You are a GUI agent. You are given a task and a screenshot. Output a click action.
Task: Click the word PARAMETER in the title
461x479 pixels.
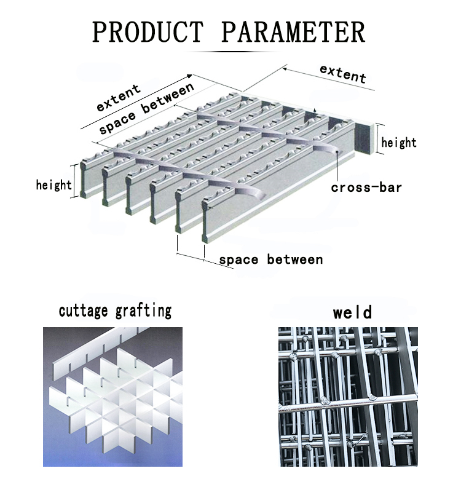(293, 31)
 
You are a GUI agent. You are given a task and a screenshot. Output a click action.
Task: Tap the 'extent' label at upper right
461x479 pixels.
(342, 73)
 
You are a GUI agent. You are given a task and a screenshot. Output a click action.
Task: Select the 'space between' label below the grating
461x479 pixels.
(271, 259)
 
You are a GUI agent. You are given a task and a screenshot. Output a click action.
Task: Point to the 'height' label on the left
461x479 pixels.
(53, 184)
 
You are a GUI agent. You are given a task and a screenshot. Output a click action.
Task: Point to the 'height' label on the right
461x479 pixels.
(399, 143)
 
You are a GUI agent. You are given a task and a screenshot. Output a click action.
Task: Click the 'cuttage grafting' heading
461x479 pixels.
(115, 311)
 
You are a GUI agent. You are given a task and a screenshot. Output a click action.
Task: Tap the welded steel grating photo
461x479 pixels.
(347, 397)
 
